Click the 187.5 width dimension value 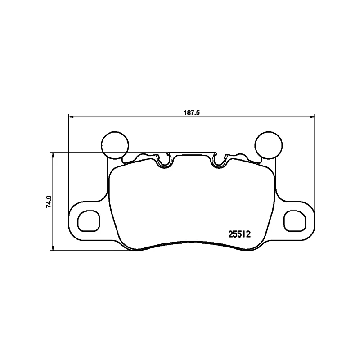coord(191,113)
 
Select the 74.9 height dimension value coord(49,202)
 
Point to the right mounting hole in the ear coord(294,221)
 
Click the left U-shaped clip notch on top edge coord(164,161)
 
